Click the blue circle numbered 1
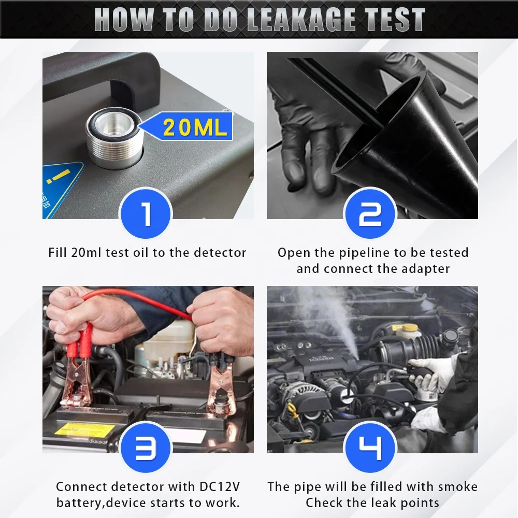[x=146, y=213]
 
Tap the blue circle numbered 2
[x=370, y=213]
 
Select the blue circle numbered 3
[x=146, y=448]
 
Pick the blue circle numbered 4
[x=370, y=448]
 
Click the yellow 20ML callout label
[x=185, y=126]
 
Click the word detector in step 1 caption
[x=220, y=253]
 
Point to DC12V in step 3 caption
[x=220, y=486]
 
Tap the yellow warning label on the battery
[x=84, y=429]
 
